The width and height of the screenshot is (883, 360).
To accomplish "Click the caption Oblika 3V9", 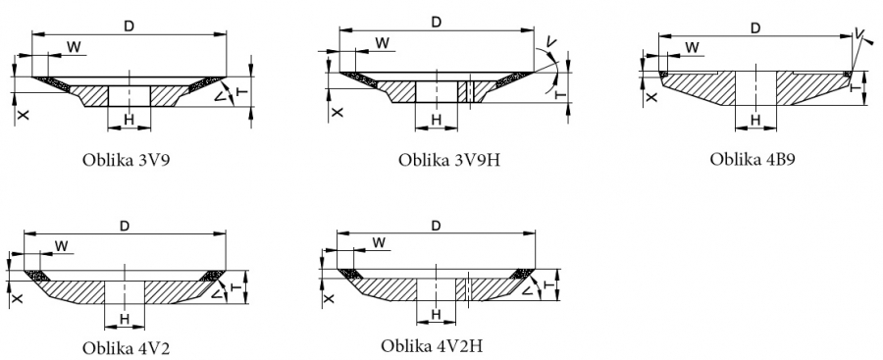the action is [127, 160].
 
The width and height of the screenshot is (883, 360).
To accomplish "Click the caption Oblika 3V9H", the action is [448, 160].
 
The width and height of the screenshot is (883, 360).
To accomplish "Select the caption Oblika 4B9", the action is [752, 159].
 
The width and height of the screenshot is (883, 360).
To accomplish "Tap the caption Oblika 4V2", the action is [126, 347].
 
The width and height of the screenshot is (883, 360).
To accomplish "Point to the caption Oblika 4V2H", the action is [432, 344].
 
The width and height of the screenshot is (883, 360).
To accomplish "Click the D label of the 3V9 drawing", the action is [129, 26].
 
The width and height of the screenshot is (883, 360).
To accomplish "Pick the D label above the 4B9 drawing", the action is [755, 28].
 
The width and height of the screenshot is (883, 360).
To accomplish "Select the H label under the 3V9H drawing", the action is [437, 120].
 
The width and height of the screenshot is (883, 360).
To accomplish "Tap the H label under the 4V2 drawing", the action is [125, 320].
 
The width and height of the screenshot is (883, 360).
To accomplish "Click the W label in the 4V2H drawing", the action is [379, 242].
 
